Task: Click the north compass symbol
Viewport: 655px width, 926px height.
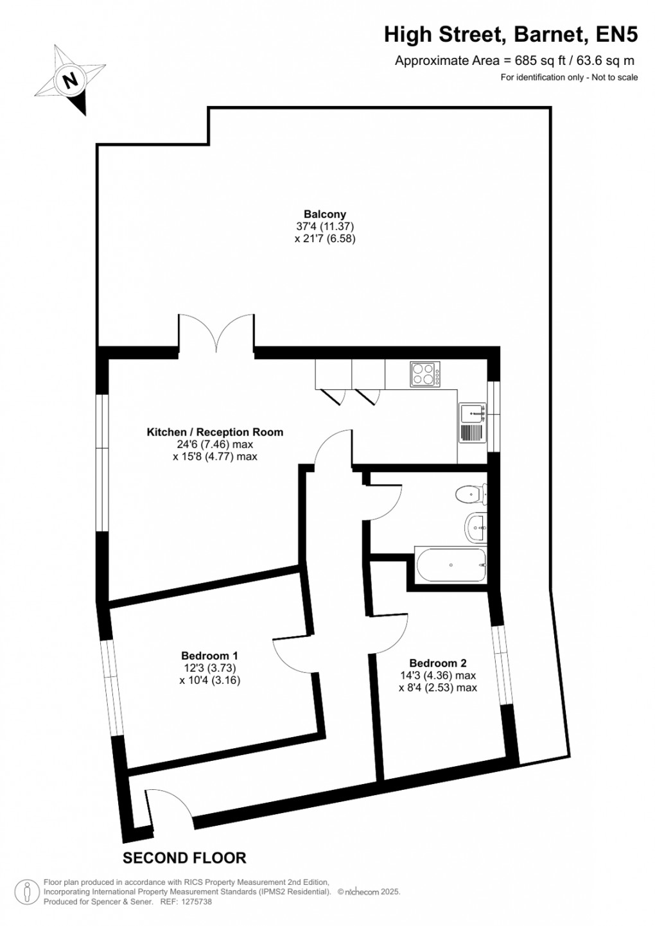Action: [70, 80]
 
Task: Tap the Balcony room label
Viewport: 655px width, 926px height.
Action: [325, 214]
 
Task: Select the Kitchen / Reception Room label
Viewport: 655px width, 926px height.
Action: [214, 432]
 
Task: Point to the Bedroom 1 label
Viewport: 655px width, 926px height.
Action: [209, 656]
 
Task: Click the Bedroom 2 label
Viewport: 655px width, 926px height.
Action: [437, 663]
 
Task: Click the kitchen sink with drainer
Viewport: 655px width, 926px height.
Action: [473, 423]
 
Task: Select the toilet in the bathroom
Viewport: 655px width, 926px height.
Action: [470, 495]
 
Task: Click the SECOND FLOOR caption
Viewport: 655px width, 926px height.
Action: [184, 858]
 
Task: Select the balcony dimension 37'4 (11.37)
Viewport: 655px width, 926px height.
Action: [325, 226]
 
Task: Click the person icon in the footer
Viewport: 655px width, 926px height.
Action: [28, 891]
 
